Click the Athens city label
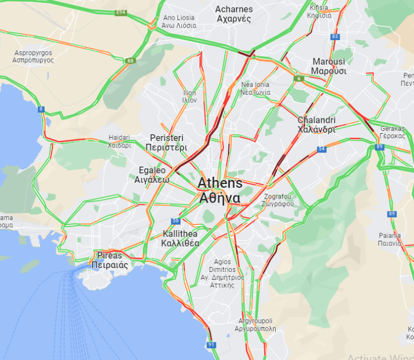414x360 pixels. click(219, 191)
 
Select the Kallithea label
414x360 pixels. click(180, 239)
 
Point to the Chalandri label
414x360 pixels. click(316, 124)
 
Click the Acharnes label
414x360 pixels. click(233, 14)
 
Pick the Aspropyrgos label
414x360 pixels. click(33, 56)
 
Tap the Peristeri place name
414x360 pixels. click(166, 142)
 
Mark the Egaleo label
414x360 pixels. click(152, 175)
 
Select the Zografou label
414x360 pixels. click(278, 200)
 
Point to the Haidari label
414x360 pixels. click(119, 141)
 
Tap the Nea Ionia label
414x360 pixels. click(255, 89)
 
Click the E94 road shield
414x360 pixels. click(120, 12)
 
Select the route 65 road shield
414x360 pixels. click(131, 61)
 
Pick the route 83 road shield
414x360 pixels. click(336, 37)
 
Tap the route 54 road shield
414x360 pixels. click(321, 149)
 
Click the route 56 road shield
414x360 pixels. click(176, 221)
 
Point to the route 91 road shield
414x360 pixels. click(211, 344)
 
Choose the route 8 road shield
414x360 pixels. click(41, 109)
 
